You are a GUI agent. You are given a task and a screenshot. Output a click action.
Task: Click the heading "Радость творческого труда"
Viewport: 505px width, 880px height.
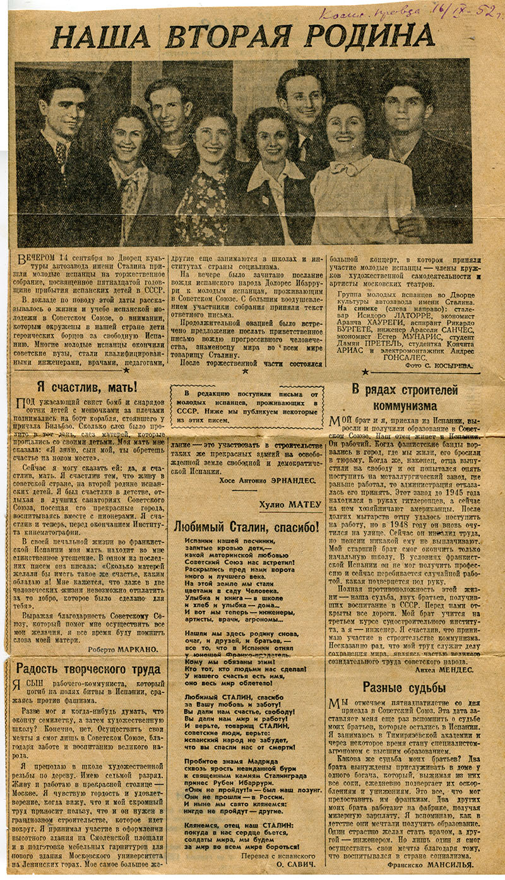click(88, 669)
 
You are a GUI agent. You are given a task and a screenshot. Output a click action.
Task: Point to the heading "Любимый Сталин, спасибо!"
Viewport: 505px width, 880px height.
click(247, 527)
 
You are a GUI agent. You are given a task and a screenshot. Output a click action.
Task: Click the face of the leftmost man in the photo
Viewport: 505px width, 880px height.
click(62, 112)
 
